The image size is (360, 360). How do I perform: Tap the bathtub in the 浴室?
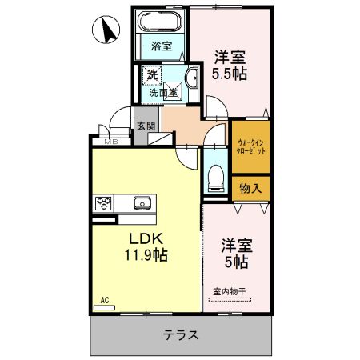coord(162,22)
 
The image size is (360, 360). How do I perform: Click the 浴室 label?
coord(162,46)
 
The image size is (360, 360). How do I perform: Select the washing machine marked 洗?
coord(152,76)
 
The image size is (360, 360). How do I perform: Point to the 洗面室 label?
coord(163,94)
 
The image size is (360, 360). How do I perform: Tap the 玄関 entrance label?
coord(145,126)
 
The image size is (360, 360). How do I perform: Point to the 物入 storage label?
coord(250,188)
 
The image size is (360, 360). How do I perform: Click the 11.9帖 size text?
coord(145,257)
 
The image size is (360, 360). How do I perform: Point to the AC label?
coord(104,301)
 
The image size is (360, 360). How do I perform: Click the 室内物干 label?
coord(230,292)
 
